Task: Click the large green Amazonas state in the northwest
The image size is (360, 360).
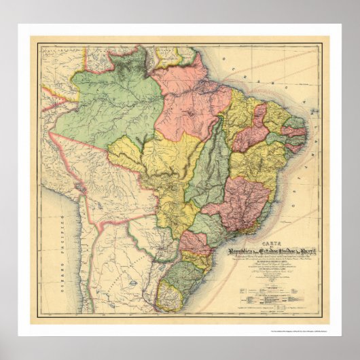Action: [109, 109]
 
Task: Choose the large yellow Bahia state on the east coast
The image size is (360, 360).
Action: [262, 163]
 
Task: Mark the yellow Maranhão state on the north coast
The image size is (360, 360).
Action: [241, 109]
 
